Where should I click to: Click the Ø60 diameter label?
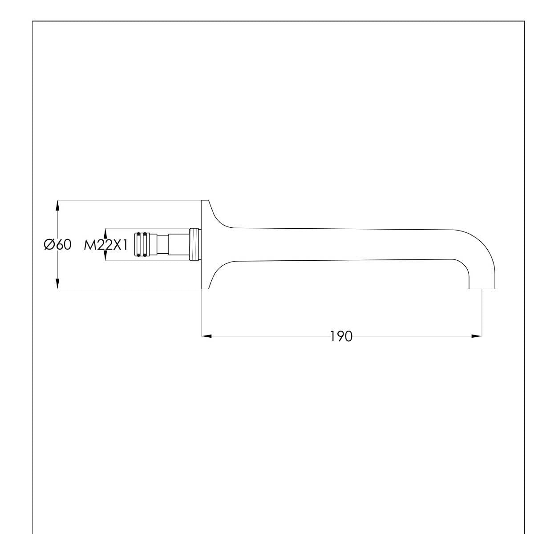[57, 245]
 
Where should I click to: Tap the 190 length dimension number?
[341, 336]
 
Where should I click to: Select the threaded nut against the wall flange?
[194, 244]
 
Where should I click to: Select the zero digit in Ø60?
[66, 245]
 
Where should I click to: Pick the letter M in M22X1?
[89, 245]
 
